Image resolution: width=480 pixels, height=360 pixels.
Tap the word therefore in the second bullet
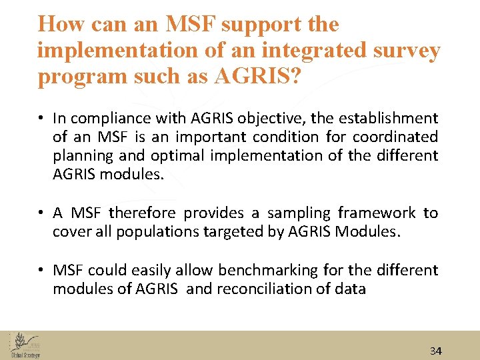[x=143, y=213]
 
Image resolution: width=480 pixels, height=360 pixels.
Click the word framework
[x=378, y=213]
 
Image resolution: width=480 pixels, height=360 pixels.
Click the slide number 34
[x=436, y=351]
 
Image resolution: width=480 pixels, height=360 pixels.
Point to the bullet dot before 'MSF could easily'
[x=41, y=271]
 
